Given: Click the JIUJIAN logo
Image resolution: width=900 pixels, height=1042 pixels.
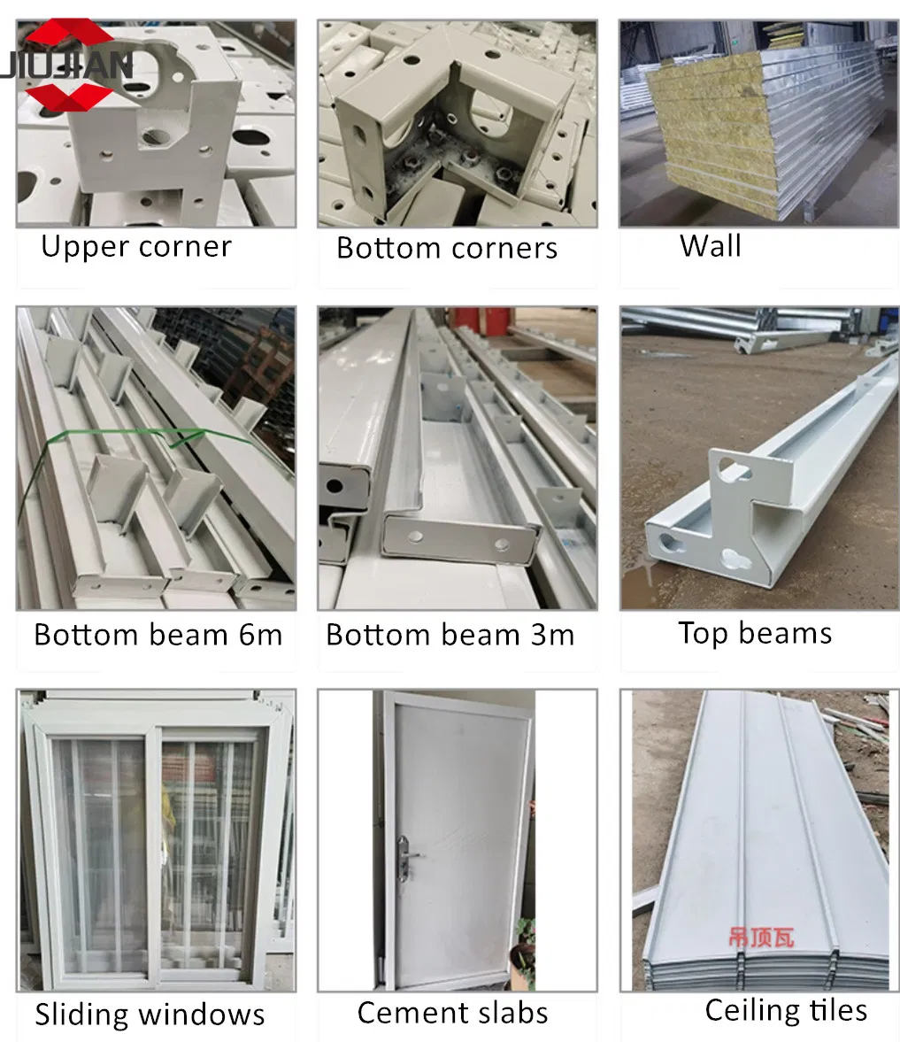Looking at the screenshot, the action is tap(66, 65).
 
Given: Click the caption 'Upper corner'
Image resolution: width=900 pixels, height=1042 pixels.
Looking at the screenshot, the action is tap(136, 247).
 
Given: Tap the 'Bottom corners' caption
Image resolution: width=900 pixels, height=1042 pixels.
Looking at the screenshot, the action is tap(446, 248).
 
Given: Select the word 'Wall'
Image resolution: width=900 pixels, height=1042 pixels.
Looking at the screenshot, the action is tap(710, 246).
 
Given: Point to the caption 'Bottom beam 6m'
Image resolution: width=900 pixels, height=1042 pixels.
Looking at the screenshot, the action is tap(158, 635).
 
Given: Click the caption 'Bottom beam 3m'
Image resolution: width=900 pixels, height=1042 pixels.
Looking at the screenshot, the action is tap(450, 635).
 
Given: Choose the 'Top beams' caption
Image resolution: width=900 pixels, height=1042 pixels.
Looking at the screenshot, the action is tap(755, 633).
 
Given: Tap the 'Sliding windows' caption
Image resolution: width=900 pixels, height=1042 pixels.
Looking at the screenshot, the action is tap(150, 1014).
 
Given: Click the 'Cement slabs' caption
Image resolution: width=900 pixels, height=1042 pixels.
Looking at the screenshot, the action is tap(452, 1013).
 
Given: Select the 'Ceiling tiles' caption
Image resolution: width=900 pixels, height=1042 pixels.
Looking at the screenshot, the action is tap(786, 1010).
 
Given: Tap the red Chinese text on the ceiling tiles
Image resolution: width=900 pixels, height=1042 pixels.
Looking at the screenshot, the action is tap(761, 938).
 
